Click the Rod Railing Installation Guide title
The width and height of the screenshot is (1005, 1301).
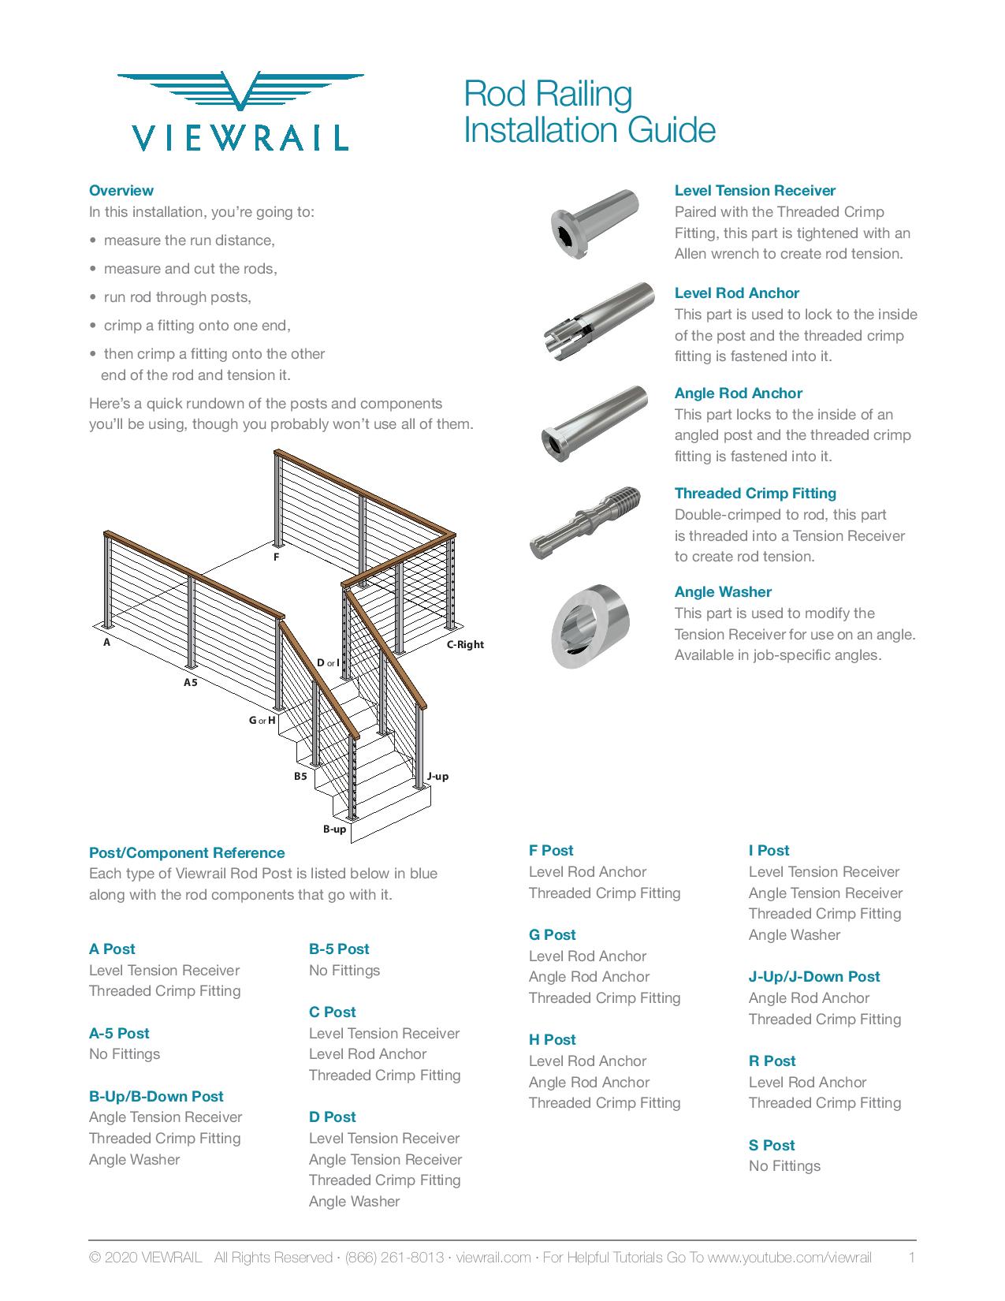point(589,112)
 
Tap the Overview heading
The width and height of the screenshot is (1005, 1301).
point(121,191)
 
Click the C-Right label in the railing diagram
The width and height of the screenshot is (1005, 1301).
point(465,644)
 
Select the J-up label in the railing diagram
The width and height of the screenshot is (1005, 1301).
point(437,776)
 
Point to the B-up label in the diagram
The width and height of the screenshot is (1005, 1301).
point(334,829)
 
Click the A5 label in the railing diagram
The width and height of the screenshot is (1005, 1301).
point(190,682)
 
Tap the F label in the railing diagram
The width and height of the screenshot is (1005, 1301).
point(276,557)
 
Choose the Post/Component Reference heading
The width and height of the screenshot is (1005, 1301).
point(187,853)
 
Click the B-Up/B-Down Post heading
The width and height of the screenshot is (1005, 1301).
point(156,1096)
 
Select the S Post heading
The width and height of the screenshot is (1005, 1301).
point(772,1145)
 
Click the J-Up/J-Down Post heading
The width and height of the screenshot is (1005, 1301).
point(814,976)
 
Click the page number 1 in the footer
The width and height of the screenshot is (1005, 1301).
point(911,1258)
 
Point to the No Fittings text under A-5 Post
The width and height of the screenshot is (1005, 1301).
point(125,1054)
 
